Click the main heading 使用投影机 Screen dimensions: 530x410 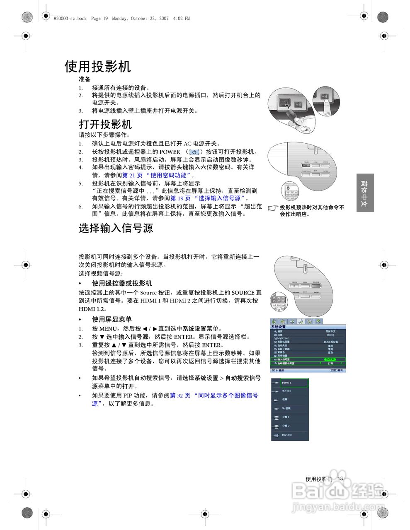(98, 67)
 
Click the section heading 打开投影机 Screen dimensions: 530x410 (105, 124)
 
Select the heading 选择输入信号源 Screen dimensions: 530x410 (116, 228)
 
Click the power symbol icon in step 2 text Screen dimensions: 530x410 (194, 152)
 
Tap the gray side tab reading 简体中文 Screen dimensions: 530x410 (365, 193)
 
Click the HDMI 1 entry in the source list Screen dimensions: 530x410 (294, 383)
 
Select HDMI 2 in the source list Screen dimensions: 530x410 (287, 391)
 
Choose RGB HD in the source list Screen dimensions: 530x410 (287, 435)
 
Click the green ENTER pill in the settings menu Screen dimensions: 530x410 (330, 359)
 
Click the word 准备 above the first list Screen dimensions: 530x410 (85, 79)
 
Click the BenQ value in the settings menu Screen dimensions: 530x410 (330, 335)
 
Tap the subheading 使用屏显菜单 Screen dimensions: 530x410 (112, 319)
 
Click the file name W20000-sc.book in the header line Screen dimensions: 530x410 (70, 19)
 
